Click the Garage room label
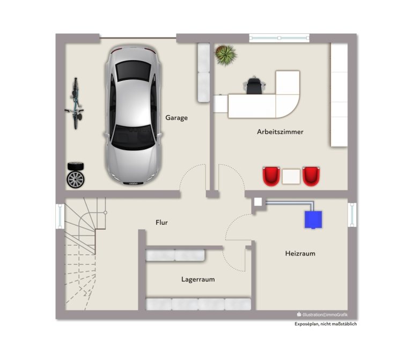pos(176,117)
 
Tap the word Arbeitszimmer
pos(280,131)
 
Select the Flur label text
pos(161,222)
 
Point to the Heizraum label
pos(300,253)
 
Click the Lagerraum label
pos(198,279)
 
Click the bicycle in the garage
pos(75,103)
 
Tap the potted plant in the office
pos(225,55)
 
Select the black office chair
pos(254,85)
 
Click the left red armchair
pos(271,176)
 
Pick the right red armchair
pos(311,176)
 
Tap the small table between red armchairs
pos(291,177)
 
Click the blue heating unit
pos(313,219)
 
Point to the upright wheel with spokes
pos(76,179)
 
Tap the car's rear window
pos(133,70)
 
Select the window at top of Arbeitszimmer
pos(279,38)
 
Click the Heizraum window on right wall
pos(352,215)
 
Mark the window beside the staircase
pos(60,216)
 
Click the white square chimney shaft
pos(258,202)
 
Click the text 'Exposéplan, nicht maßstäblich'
pos(326,324)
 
